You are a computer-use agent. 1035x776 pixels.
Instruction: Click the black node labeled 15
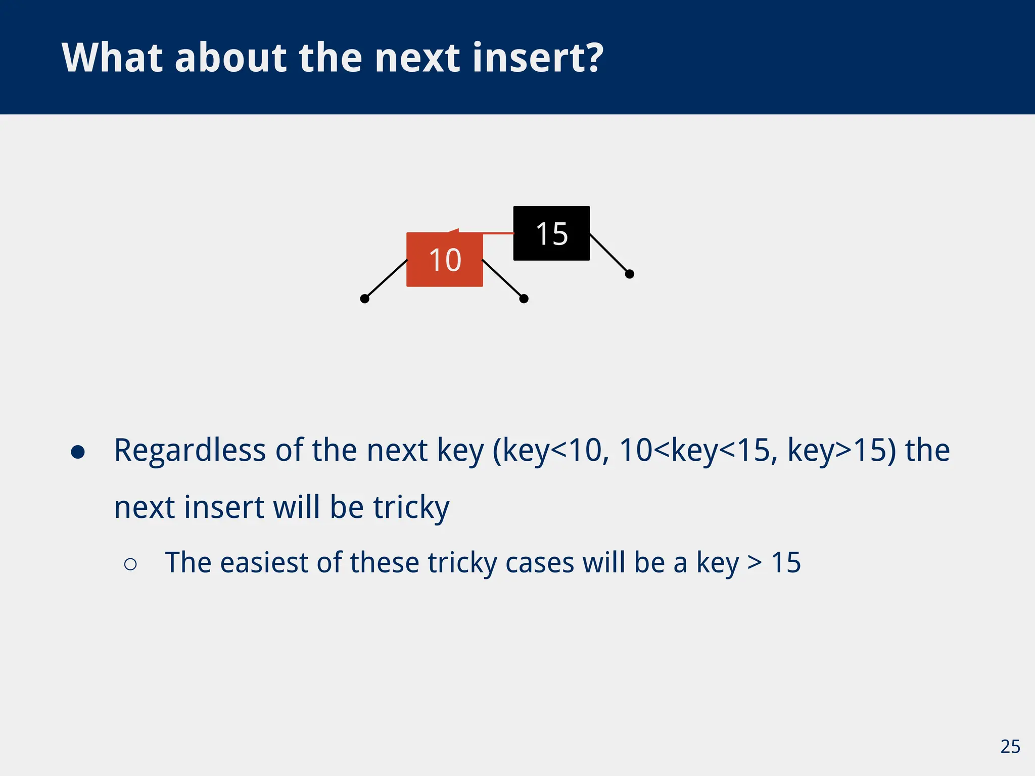click(551, 233)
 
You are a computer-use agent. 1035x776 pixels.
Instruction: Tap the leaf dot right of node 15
click(629, 274)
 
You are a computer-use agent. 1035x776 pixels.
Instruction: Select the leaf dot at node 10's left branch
click(364, 299)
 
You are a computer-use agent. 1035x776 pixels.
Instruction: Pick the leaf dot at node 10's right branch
click(524, 299)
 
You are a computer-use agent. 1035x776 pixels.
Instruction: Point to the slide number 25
click(1010, 747)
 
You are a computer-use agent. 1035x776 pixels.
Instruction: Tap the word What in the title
click(112, 58)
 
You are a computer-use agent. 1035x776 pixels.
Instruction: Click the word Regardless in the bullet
click(190, 450)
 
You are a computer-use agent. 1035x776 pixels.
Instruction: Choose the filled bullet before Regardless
click(78, 452)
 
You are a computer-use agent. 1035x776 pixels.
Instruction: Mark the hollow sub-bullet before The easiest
click(130, 564)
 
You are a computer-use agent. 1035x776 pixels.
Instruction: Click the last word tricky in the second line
click(411, 507)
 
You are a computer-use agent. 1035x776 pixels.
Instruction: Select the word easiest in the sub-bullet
click(264, 562)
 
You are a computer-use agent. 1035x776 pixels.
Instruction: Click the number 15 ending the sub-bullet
click(786, 562)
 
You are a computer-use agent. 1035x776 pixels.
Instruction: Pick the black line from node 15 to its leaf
click(609, 254)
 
